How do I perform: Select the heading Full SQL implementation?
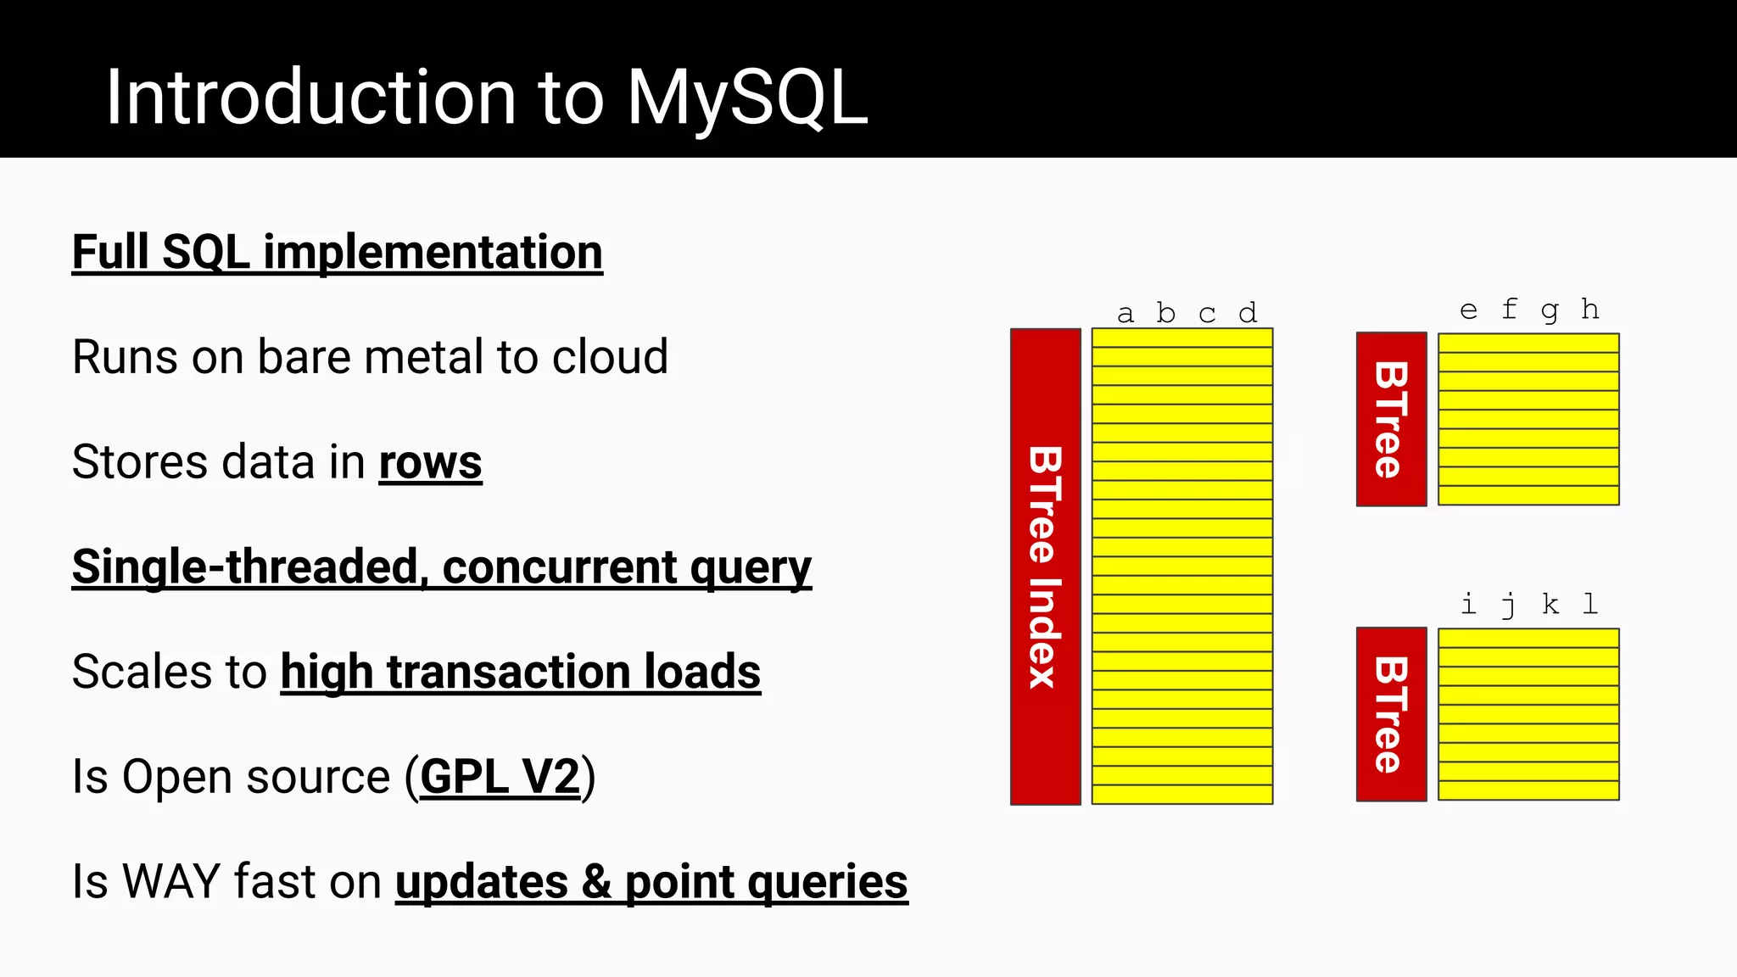click(x=337, y=252)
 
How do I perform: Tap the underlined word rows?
click(x=430, y=462)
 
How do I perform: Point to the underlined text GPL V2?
click(x=500, y=776)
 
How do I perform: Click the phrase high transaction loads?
click(x=520, y=672)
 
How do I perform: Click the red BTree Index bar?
click(x=1045, y=567)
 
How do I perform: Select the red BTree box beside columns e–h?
click(x=1391, y=419)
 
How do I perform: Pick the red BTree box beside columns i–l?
click(x=1391, y=714)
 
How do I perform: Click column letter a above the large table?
click(x=1125, y=315)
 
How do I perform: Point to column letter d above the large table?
click(x=1248, y=313)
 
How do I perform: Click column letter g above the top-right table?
click(x=1550, y=311)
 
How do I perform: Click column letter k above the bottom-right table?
click(x=1550, y=604)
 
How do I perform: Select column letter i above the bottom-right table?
click(x=1468, y=604)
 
